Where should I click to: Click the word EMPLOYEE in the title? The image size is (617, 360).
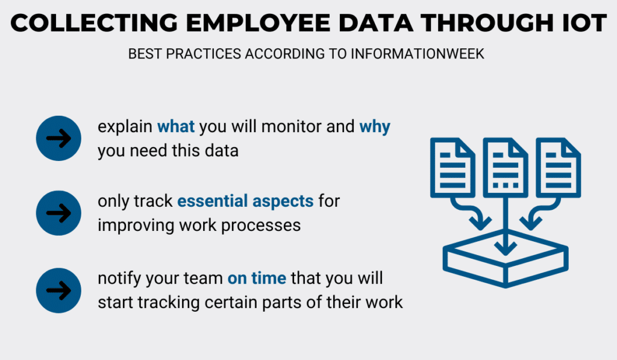pyautogui.click(x=258, y=23)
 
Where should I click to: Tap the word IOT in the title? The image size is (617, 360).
pyautogui.click(x=584, y=23)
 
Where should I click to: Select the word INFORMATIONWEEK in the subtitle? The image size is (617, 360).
pyautogui.click(x=417, y=54)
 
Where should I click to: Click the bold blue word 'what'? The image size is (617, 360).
pyautogui.click(x=176, y=127)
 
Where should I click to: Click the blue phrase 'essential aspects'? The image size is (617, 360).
pyautogui.click(x=245, y=201)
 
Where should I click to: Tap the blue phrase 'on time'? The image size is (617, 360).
pyautogui.click(x=257, y=279)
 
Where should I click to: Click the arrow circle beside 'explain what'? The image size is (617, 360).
pyautogui.click(x=58, y=138)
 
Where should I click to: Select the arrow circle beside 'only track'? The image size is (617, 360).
pyautogui.click(x=58, y=213)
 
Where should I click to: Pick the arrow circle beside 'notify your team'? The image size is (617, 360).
pyautogui.click(x=58, y=291)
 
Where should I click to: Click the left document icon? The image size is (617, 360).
pyautogui.click(x=453, y=168)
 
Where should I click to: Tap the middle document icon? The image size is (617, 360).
pyautogui.click(x=506, y=168)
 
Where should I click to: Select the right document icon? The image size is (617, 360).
pyautogui.click(x=558, y=168)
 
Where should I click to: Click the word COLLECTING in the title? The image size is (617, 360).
pyautogui.click(x=94, y=23)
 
